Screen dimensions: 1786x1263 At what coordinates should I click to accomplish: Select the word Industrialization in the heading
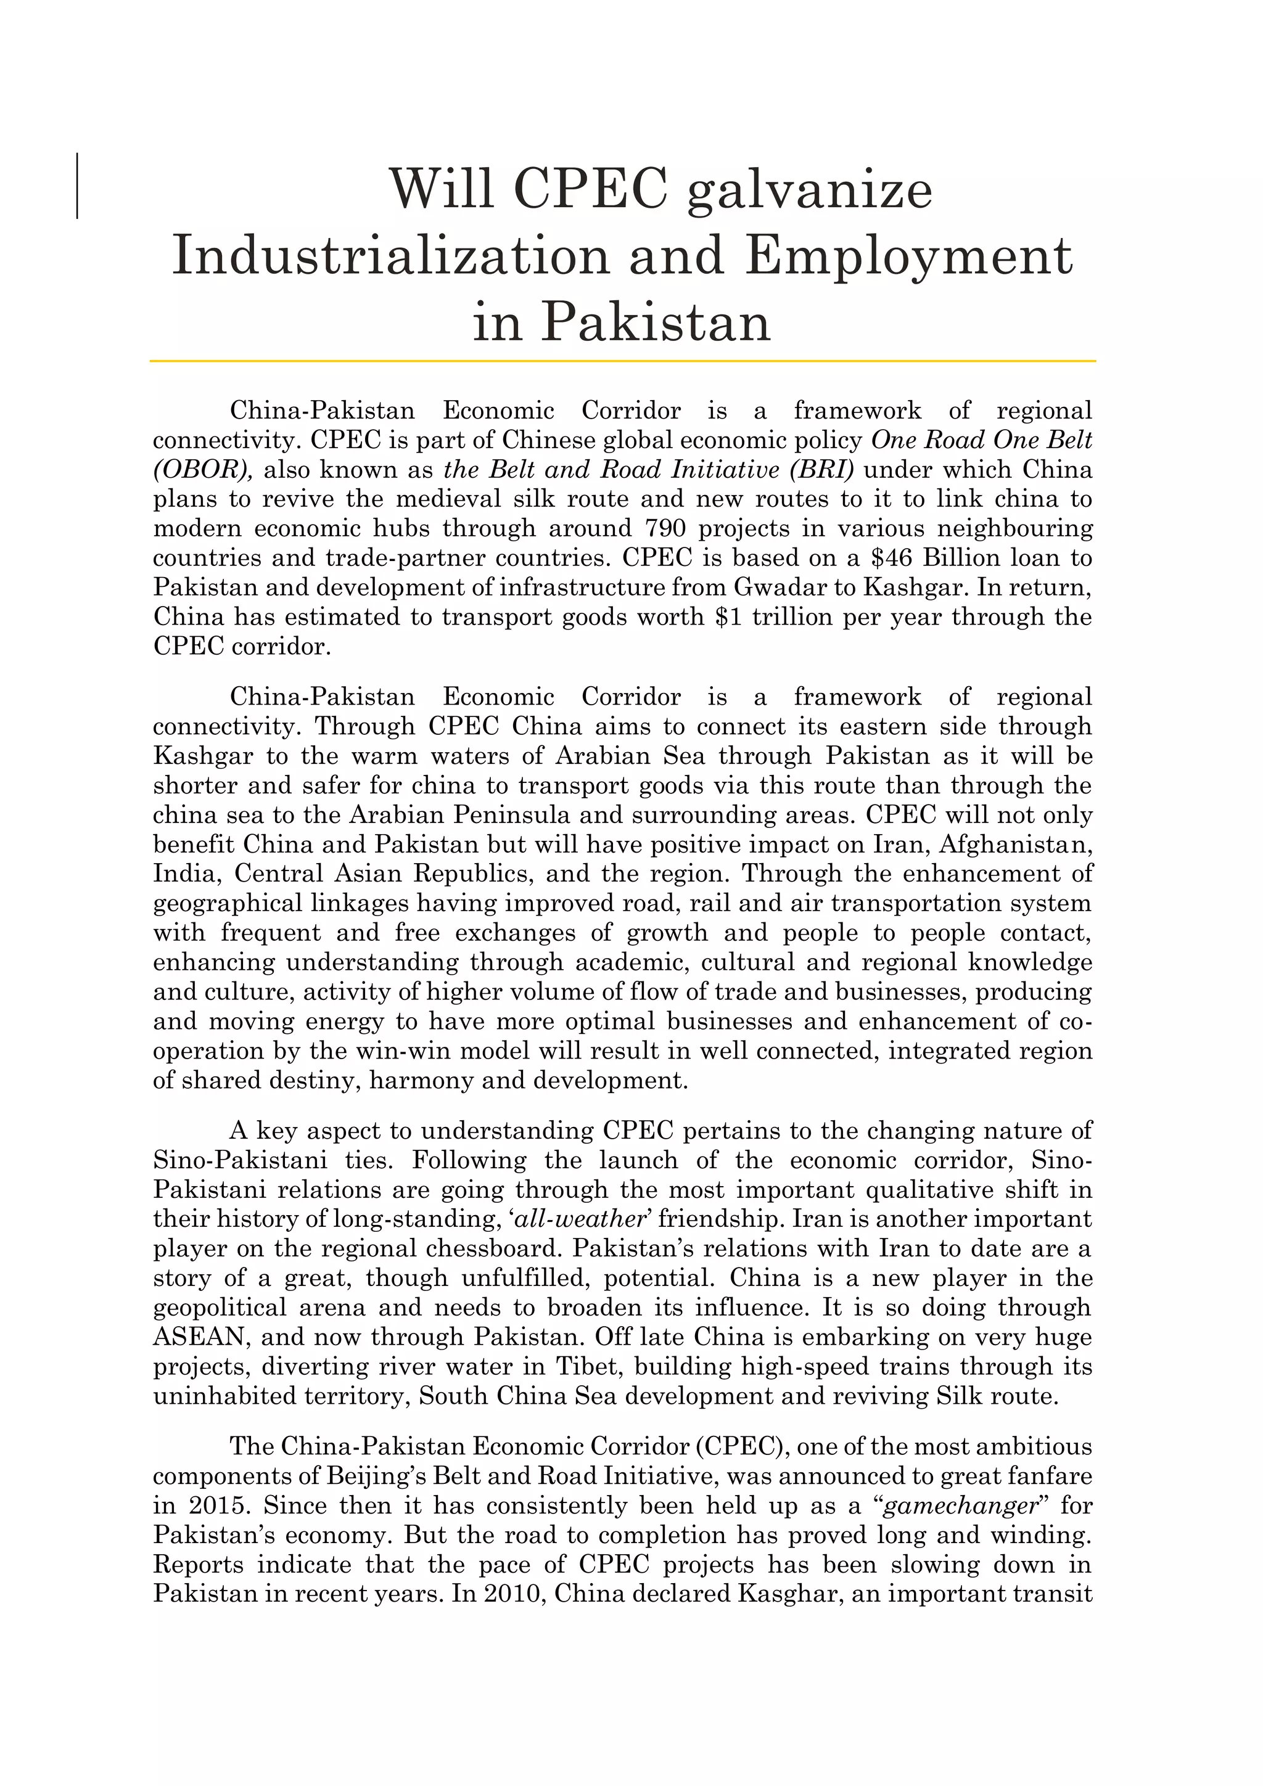click(x=390, y=256)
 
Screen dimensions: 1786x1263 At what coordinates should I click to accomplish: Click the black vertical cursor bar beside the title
click(x=77, y=186)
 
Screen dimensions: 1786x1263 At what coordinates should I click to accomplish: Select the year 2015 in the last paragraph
click(x=214, y=1506)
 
